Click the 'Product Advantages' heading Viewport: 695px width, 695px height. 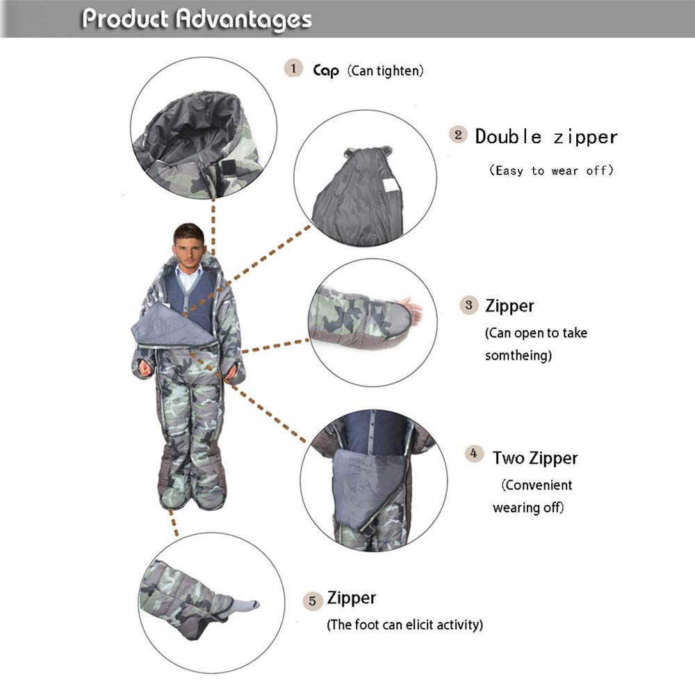tap(197, 19)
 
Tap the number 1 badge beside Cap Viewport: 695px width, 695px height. tap(293, 68)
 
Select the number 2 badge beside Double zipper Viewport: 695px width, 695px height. tap(457, 135)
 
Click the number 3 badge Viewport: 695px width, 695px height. tap(469, 305)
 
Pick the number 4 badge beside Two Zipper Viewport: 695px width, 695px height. tap(474, 455)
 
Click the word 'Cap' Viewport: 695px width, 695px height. tap(325, 70)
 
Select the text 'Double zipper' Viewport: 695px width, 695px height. tap(546, 136)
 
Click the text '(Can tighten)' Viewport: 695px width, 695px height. tap(385, 70)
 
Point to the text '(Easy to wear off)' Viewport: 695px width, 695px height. tap(551, 170)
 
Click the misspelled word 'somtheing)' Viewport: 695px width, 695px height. tap(518, 355)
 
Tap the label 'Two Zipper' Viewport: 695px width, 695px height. tap(535, 458)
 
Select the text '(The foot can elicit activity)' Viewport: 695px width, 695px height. tap(404, 624)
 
